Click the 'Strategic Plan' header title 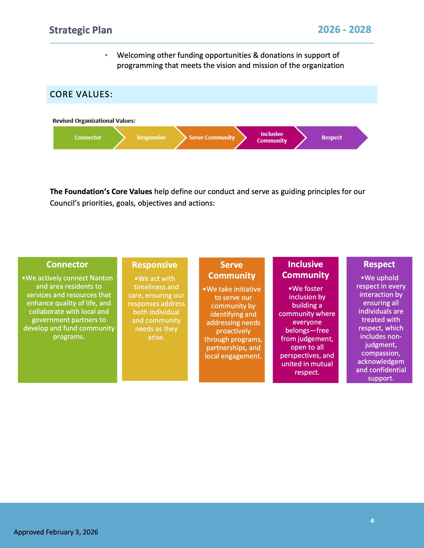coord(80,30)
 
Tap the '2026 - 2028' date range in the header coord(344,30)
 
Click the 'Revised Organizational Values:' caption coord(94,121)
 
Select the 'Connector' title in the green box coord(67,264)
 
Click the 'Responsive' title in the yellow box coord(155,265)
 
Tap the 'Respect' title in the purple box coord(379,264)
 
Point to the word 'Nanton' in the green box coord(101,278)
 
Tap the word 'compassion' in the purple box coord(381,353)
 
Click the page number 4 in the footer coord(372,521)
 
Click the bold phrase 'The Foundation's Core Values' coord(101,192)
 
